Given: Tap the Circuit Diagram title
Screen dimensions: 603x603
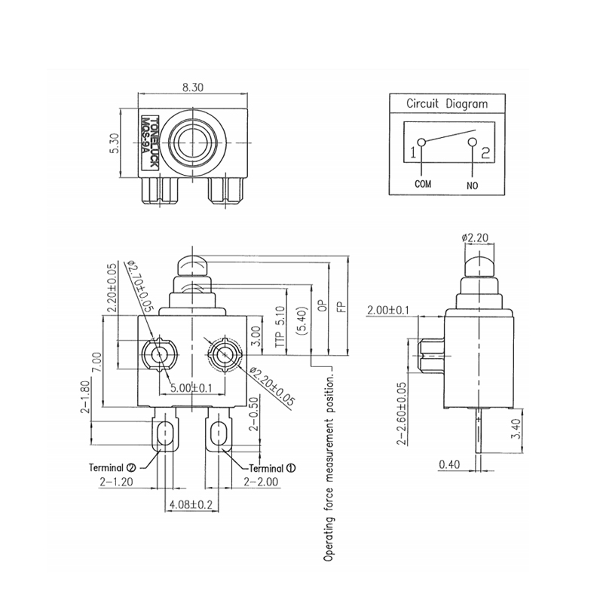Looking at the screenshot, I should (x=447, y=105).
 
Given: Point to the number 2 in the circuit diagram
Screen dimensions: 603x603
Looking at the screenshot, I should (x=486, y=153).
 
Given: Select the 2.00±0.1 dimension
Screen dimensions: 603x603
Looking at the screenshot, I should (x=389, y=311).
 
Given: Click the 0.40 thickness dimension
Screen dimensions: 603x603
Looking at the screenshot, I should (x=450, y=465).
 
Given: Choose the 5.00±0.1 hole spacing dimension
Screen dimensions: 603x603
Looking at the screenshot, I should (x=192, y=389).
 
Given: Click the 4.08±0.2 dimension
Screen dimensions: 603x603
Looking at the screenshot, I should (x=191, y=504).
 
